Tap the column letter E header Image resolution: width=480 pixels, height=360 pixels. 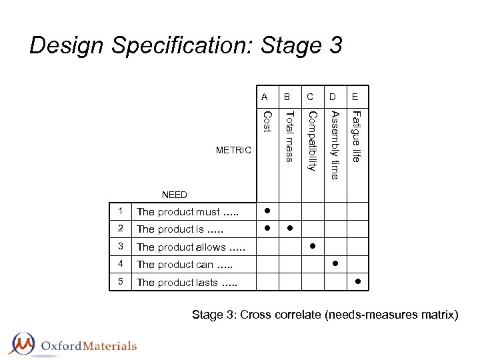[356, 97]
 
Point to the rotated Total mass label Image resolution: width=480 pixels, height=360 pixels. [289, 136]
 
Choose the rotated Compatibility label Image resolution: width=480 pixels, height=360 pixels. [311, 141]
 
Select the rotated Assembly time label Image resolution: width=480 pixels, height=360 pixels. [335, 144]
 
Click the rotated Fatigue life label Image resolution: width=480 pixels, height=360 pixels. [357, 136]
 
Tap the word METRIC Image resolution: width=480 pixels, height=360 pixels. [234, 151]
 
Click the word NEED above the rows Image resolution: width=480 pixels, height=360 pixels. [175, 195]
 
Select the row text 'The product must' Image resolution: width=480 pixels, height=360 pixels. [187, 212]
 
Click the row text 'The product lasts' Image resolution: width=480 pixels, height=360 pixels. [187, 283]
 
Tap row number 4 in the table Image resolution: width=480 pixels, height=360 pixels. [121, 264]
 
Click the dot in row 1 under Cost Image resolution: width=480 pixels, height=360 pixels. [266, 210]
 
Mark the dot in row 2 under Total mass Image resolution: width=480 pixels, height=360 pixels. [289, 228]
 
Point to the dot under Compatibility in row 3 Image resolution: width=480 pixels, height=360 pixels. [312, 246]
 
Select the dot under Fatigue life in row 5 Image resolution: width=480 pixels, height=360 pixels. [357, 281]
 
